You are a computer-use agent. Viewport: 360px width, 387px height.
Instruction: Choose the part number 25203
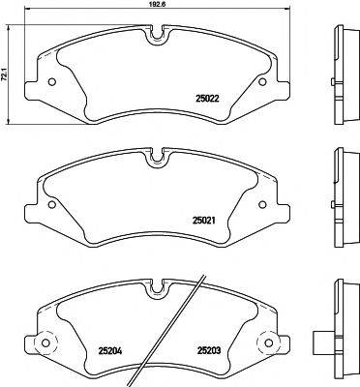(x=211, y=351)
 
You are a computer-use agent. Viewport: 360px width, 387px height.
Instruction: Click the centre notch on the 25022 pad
(x=158, y=38)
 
